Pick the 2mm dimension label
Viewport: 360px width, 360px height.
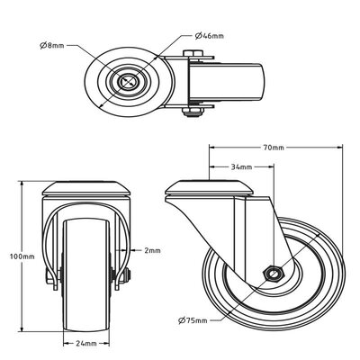tap(151, 250)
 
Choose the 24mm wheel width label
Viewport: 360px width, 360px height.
tap(87, 343)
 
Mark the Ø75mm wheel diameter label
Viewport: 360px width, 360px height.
tap(193, 320)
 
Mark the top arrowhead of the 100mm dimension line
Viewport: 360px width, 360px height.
tap(22, 183)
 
